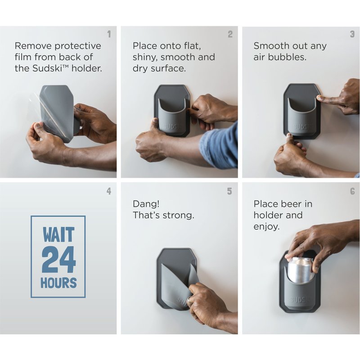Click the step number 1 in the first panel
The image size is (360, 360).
tap(109, 34)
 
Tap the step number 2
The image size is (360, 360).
tap(230, 34)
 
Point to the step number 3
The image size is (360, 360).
tap(352, 34)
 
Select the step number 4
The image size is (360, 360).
tap(109, 191)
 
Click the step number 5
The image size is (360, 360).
tap(229, 191)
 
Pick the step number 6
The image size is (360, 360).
tap(352, 191)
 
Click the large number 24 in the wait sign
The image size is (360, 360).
tap(58, 260)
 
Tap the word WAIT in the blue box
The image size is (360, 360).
tap(58, 234)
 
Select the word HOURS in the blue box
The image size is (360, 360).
tap(58, 283)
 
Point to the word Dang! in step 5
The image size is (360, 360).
tap(146, 204)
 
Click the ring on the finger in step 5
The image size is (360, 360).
tap(189, 300)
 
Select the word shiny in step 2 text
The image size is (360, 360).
tap(145, 58)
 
